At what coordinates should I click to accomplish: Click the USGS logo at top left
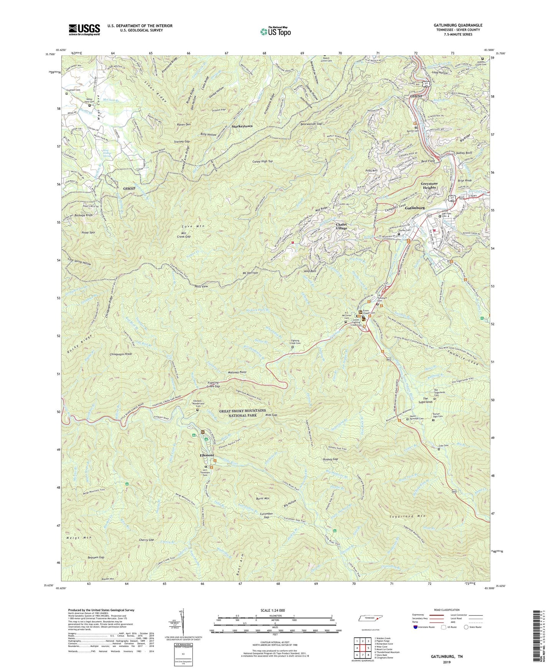84,29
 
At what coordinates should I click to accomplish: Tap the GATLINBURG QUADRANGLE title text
453,25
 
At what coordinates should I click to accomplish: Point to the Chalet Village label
342,226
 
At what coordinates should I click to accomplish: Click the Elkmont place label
207,455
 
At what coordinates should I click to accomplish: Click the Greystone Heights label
429,186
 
